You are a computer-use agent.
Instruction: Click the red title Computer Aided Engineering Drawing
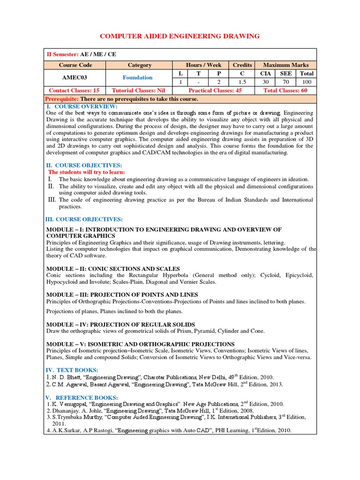point(180,36)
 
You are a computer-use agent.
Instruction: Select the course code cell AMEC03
point(75,78)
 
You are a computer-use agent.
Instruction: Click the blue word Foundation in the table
point(137,78)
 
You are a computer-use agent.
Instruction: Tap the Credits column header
point(242,65)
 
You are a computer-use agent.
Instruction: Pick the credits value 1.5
point(242,82)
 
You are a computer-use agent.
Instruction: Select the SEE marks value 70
point(286,82)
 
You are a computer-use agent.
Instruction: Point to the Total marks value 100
point(307,82)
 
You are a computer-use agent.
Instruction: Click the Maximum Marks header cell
point(285,65)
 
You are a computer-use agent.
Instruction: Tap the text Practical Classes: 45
point(215,90)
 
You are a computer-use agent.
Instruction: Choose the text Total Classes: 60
point(285,90)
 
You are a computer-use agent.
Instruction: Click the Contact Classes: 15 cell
point(75,90)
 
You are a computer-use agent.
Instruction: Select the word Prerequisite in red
point(62,99)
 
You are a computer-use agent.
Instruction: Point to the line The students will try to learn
point(86,172)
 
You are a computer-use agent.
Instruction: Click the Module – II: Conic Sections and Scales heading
point(113,269)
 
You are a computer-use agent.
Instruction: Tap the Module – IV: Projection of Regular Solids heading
point(120,324)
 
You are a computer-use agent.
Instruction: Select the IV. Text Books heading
point(71,370)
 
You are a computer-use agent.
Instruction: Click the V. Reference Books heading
point(82,397)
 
